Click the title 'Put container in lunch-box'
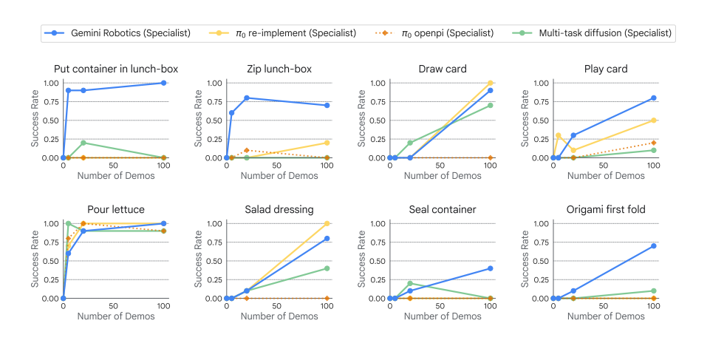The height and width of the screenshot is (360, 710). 116,69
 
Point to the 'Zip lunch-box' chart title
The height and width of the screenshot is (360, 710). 279,69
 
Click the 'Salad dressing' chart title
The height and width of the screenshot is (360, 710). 279,210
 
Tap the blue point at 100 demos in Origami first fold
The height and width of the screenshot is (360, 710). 654,246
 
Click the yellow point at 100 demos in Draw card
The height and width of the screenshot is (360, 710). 490,83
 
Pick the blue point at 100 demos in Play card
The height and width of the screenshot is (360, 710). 654,98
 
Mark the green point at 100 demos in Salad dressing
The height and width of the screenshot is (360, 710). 327,268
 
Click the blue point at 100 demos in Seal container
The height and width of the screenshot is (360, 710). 490,268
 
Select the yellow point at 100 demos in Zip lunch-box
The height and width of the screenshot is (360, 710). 327,143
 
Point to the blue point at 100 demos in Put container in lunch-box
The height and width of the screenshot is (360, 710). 163,83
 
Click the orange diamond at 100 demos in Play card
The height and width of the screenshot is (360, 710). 654,143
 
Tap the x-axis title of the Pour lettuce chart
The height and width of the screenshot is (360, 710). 116,316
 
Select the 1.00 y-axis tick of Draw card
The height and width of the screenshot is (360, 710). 376,83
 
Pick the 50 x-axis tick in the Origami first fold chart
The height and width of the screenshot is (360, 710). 604,305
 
